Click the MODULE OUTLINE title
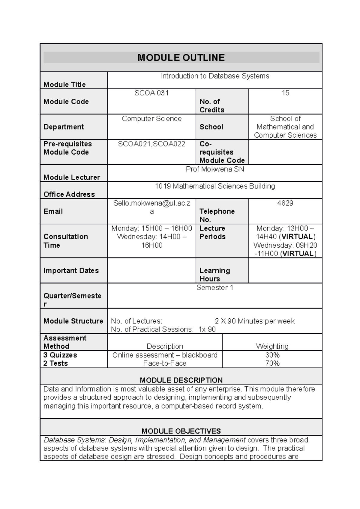tap(181, 58)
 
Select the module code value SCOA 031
tap(151, 93)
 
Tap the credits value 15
tap(285, 93)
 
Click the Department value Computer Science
tap(151, 118)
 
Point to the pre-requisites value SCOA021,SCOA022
tap(151, 144)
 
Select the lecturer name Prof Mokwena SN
tap(215, 169)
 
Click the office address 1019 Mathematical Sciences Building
tap(215, 186)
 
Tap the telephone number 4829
tap(285, 203)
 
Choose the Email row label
tap(53, 211)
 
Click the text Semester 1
tap(215, 287)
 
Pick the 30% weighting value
tap(272, 355)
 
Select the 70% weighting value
tap(272, 363)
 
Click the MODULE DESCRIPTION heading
tap(181, 380)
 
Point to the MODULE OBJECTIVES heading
tap(181, 431)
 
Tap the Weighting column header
tap(272, 346)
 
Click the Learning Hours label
tap(214, 275)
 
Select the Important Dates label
tap(71, 270)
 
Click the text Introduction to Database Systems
tap(215, 76)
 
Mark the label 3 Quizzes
tap(60, 355)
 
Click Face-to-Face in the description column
tap(165, 363)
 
